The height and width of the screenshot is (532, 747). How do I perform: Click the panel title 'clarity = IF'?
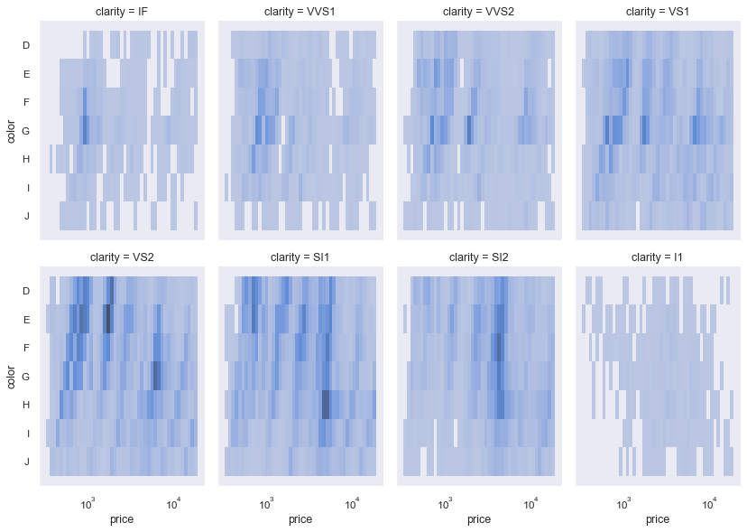[x=122, y=12]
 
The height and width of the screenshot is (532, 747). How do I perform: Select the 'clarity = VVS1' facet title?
[x=300, y=12]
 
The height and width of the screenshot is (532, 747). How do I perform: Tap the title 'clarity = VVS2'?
[x=479, y=12]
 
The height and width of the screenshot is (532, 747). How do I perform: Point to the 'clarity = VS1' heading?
[x=658, y=12]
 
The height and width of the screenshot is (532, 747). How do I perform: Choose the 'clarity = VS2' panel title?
[x=122, y=257]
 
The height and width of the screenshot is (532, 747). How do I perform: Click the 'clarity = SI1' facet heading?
[x=300, y=257]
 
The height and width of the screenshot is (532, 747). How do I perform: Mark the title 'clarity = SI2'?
[x=479, y=257]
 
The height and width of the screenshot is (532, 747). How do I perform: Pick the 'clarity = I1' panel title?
[x=658, y=257]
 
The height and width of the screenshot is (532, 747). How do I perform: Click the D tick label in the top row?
[x=26, y=45]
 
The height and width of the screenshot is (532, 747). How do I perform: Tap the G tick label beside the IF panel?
[x=26, y=131]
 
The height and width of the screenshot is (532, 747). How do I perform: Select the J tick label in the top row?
[x=27, y=217]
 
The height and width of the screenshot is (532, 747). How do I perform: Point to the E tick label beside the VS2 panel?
[x=26, y=319]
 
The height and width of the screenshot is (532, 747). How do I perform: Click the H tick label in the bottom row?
[x=26, y=405]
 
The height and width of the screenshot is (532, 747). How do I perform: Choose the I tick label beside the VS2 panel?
[x=27, y=434]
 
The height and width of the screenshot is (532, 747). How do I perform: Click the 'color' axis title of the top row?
[x=10, y=131]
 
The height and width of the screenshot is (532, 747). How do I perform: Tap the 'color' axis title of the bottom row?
[x=10, y=376]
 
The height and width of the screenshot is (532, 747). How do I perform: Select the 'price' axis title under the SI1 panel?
[x=300, y=519]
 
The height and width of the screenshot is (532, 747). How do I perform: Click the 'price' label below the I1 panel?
[x=658, y=519]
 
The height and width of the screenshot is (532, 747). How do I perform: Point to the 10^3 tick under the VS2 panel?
[x=88, y=502]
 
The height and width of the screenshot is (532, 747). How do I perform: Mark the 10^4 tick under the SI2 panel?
[x=530, y=502]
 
